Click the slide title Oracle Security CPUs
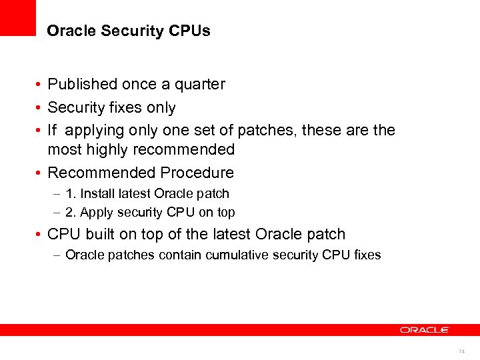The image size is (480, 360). pos(129,31)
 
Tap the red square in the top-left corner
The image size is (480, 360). pos(18,18)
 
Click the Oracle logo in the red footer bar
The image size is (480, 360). pos(425,330)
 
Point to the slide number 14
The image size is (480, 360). pos(461,351)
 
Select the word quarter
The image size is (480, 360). pos(200,85)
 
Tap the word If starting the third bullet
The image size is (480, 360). pos(53,131)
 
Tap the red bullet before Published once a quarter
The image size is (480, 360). pos(40,85)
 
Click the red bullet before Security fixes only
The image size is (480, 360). pos(40,108)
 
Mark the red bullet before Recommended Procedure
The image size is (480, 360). pos(40,173)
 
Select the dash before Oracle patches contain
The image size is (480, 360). pos(58,255)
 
